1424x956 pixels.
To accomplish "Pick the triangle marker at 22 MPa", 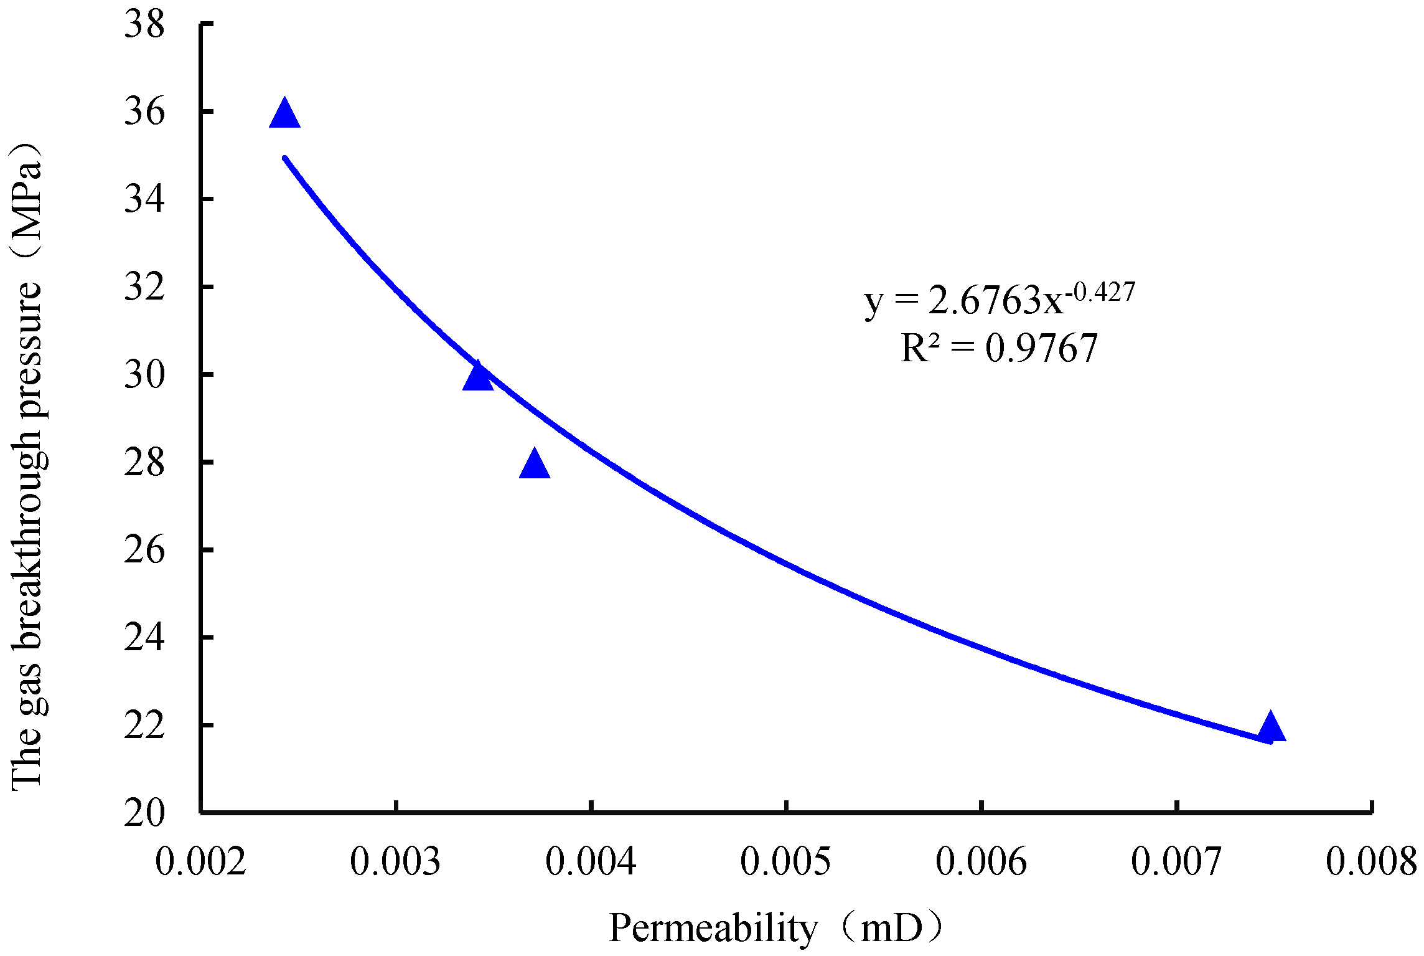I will point(1270,728).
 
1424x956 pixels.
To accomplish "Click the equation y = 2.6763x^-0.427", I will point(999,300).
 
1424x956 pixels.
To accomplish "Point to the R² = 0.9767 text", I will point(999,348).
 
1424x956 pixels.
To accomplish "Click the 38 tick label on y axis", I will point(144,26).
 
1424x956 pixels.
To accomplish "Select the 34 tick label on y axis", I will point(144,200).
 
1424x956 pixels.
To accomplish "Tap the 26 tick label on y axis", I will point(144,551).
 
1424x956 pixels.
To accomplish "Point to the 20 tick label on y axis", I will point(144,813).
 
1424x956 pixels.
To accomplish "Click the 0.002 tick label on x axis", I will point(200,862).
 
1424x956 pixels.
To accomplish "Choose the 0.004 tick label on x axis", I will point(591,862).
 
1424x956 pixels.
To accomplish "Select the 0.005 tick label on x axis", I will point(785,862).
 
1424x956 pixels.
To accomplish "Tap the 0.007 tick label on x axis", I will point(1176,862).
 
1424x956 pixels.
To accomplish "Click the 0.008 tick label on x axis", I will point(1371,862).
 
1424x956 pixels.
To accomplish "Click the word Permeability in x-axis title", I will point(713,929).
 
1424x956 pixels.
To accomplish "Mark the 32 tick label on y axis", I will point(144,288).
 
